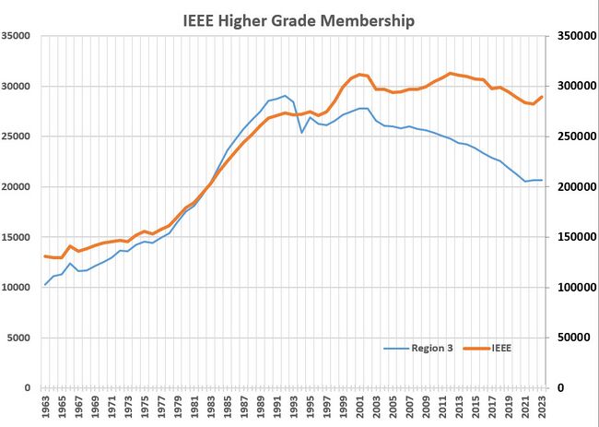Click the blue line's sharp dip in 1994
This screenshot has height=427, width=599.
[301, 133]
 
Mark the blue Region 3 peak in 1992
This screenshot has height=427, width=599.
[286, 96]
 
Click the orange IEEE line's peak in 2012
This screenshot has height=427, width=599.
[450, 73]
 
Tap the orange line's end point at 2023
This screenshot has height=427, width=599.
[542, 97]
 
